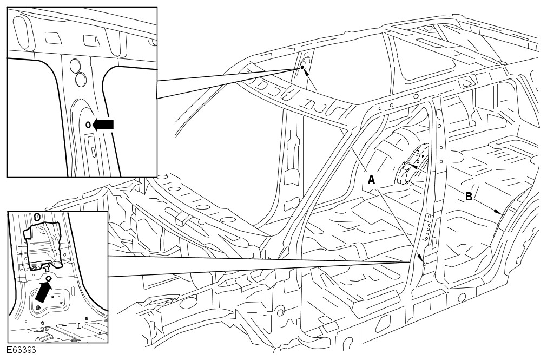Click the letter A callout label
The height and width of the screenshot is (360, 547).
tap(371, 180)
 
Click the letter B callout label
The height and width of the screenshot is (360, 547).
tap(469, 197)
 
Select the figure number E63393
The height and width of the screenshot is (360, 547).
tap(22, 350)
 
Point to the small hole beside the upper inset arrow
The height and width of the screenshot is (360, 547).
tap(88, 125)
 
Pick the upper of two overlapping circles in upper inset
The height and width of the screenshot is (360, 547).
tap(77, 66)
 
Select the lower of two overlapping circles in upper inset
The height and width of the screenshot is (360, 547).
tap(81, 80)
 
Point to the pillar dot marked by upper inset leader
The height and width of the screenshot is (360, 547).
tap(302, 68)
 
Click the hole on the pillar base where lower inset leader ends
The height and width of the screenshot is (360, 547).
tap(425, 264)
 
